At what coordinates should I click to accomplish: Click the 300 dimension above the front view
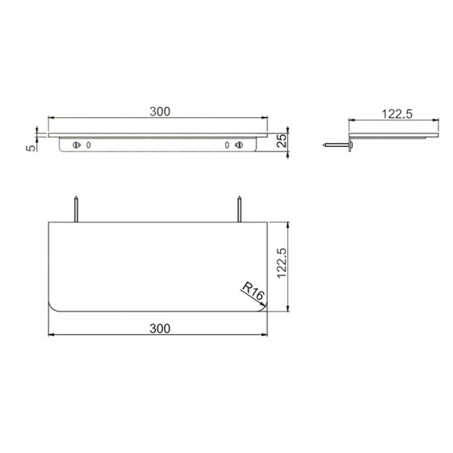point(160,112)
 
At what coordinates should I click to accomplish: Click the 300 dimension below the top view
point(160,328)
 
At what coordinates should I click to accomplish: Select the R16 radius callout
point(253,291)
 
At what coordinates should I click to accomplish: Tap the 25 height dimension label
point(282,141)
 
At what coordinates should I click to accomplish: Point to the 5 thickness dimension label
point(31,148)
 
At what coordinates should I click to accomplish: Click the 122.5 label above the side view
point(397,114)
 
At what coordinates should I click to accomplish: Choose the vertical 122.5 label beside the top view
point(282,263)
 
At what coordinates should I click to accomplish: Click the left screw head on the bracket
point(77,144)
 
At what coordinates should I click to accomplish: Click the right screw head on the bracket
point(239,144)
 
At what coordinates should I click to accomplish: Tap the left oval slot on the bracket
point(89,145)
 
